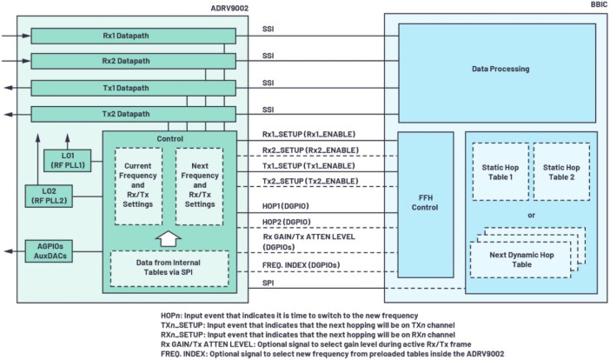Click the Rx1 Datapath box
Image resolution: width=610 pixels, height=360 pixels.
pos(132,36)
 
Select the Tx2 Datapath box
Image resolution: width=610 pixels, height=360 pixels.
pos(132,113)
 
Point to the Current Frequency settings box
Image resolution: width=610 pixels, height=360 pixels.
pos(138,186)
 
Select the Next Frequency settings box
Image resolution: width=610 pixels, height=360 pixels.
pos(200,186)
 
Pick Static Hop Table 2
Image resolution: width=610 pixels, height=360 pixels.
pos(560,171)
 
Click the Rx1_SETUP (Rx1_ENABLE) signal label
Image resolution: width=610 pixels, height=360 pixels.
pos(308,135)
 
